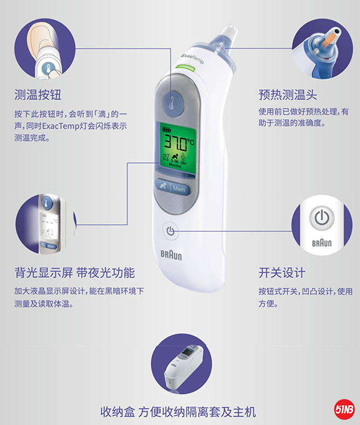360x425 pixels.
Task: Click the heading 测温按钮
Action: [x=38, y=95]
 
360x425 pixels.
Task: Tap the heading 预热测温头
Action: [x=287, y=95]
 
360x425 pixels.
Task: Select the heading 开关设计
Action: [x=282, y=273]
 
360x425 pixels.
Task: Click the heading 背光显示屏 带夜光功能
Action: [x=75, y=273]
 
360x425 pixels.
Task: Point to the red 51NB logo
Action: [x=344, y=409]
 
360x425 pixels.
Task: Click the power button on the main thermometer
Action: [x=170, y=231]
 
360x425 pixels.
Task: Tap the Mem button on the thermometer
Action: [x=179, y=189]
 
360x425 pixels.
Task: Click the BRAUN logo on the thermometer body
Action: [x=171, y=255]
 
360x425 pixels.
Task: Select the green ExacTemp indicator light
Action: [x=186, y=68]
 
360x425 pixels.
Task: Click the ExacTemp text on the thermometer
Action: [x=192, y=58]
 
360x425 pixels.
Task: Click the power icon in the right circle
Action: [x=322, y=217]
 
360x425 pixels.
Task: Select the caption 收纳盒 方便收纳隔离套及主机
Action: [x=178, y=412]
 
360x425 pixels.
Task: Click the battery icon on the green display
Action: [x=167, y=130]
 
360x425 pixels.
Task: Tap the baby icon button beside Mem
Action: [x=163, y=186]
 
